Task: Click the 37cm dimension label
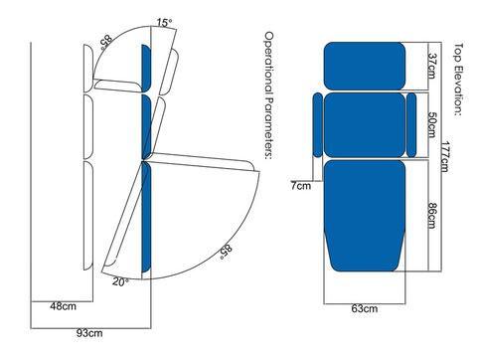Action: click(x=431, y=66)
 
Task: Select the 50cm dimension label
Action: click(x=432, y=124)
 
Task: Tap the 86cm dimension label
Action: click(x=431, y=216)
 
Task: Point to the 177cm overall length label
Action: click(x=444, y=156)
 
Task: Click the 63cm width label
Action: click(x=365, y=309)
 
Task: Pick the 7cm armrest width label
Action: click(x=301, y=186)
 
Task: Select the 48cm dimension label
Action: click(x=63, y=306)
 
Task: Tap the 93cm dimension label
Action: click(x=89, y=333)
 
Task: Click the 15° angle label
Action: click(x=164, y=23)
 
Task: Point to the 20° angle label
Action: click(x=120, y=282)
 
